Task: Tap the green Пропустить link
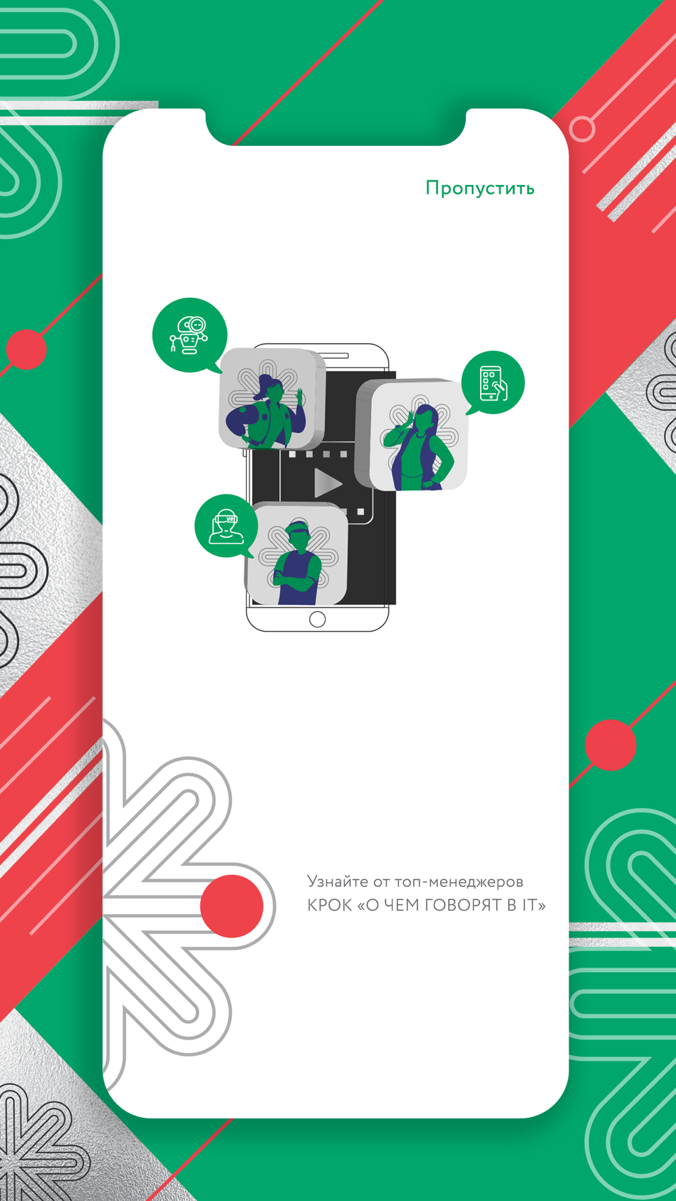click(480, 188)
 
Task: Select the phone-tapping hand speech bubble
click(493, 382)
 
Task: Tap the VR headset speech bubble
click(225, 526)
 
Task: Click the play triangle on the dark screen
click(328, 484)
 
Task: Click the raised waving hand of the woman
click(299, 397)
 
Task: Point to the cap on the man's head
click(297, 527)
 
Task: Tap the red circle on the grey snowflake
click(232, 906)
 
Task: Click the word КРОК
click(329, 905)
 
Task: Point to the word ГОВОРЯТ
click(463, 905)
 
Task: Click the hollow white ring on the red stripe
click(582, 128)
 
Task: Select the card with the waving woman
click(272, 399)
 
